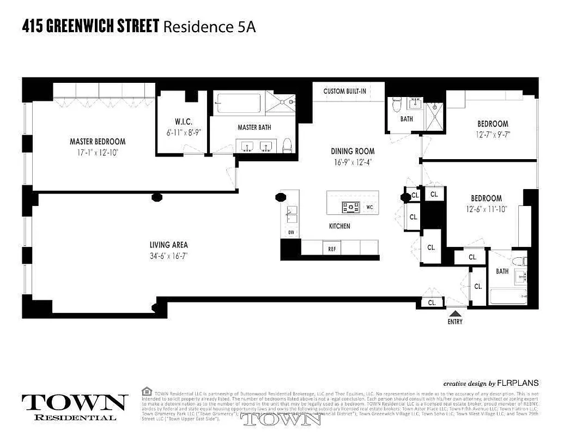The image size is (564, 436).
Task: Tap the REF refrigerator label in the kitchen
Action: click(331, 249)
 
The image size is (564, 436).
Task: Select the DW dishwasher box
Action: click(290, 232)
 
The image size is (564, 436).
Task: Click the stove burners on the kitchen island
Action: click(350, 207)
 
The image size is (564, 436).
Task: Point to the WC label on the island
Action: click(369, 207)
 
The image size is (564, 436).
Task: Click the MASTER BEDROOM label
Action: click(98, 142)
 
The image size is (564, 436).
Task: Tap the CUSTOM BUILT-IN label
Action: click(344, 92)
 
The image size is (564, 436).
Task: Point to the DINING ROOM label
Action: click(353, 151)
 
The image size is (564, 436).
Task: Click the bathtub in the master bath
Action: click(239, 103)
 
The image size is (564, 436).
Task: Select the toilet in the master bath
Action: click(287, 146)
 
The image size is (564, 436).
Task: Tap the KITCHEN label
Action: click(339, 226)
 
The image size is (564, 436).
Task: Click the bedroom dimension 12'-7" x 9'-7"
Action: click(493, 134)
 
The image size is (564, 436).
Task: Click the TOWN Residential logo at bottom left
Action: click(75, 406)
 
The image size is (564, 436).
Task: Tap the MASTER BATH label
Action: click(254, 128)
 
